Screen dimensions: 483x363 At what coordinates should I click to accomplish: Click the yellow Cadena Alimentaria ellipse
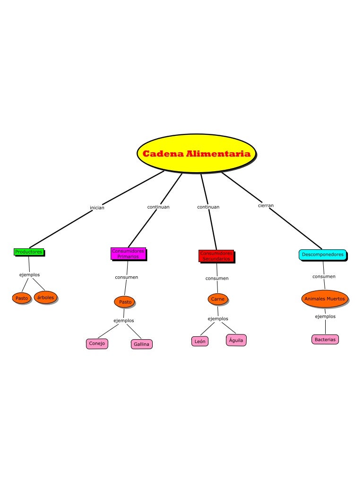[x=196, y=154]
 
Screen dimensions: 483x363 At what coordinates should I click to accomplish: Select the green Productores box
[x=28, y=252]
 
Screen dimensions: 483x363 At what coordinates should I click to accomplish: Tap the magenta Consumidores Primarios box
[x=128, y=254]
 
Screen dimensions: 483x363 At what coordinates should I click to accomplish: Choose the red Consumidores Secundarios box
[x=216, y=256]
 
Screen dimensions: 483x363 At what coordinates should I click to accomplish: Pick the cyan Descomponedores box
[x=322, y=255]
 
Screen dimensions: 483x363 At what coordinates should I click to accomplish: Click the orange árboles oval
[x=45, y=298]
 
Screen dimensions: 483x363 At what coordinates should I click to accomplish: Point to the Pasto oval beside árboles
[x=22, y=299]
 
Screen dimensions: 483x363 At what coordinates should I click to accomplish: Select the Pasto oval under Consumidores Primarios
[x=125, y=302]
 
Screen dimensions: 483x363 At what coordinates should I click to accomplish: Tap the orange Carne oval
[x=218, y=299]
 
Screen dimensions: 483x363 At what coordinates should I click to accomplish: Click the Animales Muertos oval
[x=325, y=299]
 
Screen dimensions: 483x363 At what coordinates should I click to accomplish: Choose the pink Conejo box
[x=97, y=343]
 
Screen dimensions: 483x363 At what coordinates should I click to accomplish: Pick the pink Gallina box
[x=141, y=344]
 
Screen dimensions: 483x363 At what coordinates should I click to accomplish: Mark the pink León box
[x=200, y=341]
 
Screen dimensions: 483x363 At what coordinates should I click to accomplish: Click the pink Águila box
[x=236, y=340]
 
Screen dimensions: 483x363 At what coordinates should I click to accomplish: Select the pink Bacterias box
[x=325, y=340]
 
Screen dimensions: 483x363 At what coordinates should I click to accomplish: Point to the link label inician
[x=97, y=208]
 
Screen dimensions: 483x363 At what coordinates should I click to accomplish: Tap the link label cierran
[x=266, y=206]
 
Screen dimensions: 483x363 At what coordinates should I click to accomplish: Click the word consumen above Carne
[x=217, y=279]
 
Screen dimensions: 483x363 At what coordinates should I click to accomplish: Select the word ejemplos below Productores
[x=29, y=275]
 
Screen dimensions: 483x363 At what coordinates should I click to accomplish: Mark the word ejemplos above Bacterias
[x=325, y=316]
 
